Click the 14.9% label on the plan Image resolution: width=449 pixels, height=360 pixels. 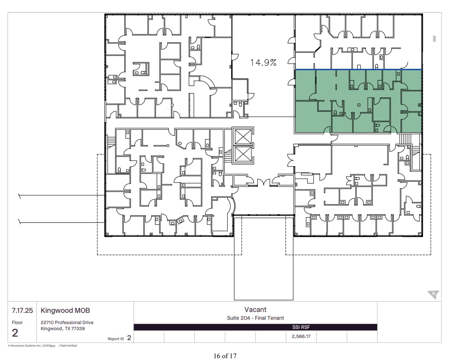[x=263, y=62]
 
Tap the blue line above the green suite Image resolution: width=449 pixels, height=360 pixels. [x=359, y=69]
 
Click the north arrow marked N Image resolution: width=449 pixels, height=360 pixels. [x=433, y=295]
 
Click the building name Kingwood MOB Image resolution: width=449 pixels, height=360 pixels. [x=65, y=310]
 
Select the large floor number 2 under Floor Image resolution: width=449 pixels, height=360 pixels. [x=15, y=333]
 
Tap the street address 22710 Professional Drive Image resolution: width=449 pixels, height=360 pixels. [x=67, y=322]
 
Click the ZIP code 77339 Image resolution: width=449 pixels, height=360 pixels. [x=78, y=328]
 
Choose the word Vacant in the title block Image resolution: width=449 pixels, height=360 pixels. [x=255, y=309]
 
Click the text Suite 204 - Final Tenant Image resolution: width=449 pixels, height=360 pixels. [x=255, y=318]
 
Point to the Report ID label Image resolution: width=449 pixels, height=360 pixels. [x=116, y=339]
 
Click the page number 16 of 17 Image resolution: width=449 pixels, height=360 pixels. [x=225, y=356]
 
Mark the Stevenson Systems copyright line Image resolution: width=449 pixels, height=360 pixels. [x=42, y=346]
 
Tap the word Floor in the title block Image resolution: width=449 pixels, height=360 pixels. [x=17, y=322]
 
